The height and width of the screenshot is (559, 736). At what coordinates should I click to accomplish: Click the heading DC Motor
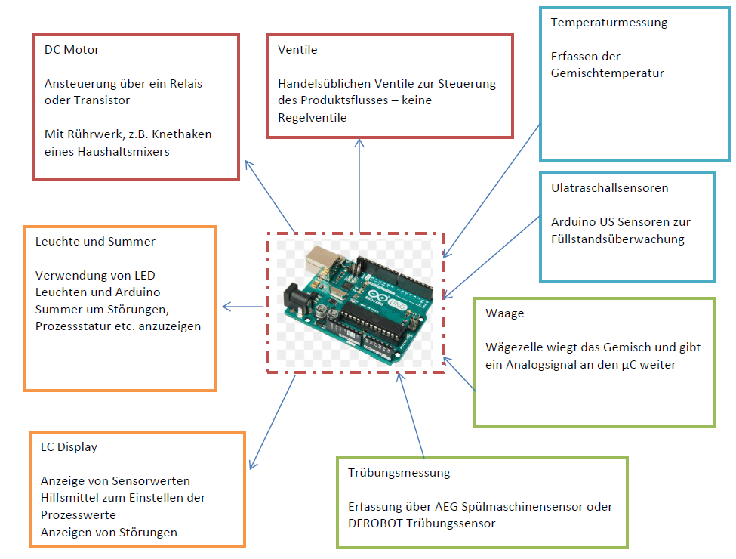coord(72,50)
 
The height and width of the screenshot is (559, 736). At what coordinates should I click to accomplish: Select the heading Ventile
coord(297,50)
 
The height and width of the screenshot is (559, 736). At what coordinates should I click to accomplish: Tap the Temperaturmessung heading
coord(609,23)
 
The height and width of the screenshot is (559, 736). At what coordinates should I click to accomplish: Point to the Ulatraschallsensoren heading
coord(609,188)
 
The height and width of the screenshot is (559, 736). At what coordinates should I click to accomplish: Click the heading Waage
coord(505,313)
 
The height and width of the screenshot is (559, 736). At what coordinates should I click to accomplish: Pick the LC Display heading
coord(69,447)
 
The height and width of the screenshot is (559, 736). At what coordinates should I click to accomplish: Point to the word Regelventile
coord(313,117)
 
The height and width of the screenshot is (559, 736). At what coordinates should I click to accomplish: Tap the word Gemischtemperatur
coord(608,73)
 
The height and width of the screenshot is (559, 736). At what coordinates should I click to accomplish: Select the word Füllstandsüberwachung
coord(617,239)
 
